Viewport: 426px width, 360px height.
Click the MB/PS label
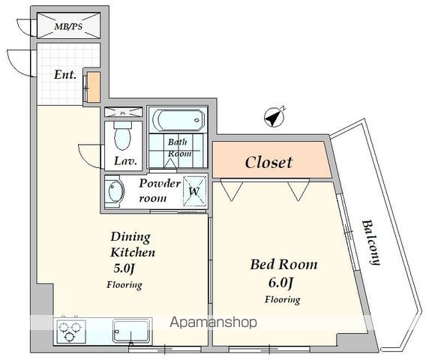68,26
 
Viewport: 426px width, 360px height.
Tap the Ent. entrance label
65,74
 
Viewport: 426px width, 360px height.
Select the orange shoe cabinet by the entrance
94,87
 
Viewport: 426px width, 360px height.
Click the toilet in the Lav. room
122,136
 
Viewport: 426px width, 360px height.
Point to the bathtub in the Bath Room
178,120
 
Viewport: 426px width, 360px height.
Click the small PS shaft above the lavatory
123,112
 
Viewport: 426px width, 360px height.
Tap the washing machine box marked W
194,191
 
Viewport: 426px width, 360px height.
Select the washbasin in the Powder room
115,191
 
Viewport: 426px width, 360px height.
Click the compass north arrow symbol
274,117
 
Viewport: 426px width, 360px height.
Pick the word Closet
268,163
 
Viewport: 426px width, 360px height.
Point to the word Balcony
370,242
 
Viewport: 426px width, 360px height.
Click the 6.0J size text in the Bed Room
280,283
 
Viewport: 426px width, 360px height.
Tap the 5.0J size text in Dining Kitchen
124,268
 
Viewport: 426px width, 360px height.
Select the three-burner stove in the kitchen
70,331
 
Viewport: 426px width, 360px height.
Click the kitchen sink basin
131,331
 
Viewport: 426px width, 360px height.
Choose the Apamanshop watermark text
213,322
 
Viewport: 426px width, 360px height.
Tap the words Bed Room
283,264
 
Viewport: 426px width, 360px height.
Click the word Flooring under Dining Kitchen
124,285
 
